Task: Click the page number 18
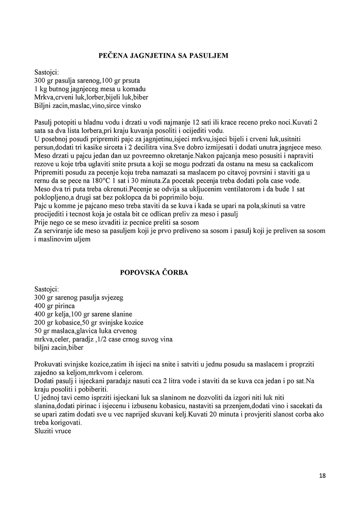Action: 322,475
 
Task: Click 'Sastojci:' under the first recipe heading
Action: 47,72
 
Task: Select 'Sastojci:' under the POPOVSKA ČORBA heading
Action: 47,289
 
